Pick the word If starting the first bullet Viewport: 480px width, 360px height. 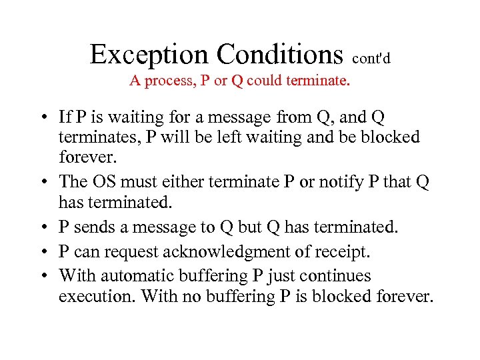(x=65, y=117)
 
